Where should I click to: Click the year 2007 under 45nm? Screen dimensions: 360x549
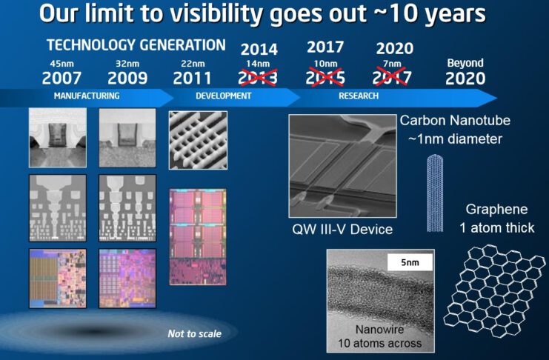click(61, 78)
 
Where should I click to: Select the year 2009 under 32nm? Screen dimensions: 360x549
click(127, 78)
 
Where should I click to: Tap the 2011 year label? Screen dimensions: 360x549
click(193, 78)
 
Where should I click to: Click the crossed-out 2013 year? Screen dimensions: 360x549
click(259, 78)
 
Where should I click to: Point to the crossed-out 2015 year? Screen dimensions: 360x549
click(325, 78)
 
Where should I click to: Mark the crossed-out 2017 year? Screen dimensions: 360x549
click(394, 78)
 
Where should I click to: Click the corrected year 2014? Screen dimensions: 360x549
click(259, 50)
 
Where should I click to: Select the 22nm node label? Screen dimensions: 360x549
click(193, 64)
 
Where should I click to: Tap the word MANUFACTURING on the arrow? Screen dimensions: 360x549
click(87, 96)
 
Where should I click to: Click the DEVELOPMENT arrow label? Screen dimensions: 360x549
click(223, 96)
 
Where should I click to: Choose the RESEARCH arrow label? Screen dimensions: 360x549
click(359, 96)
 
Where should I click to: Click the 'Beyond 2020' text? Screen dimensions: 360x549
click(465, 73)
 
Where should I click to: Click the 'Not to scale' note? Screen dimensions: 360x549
click(194, 334)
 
